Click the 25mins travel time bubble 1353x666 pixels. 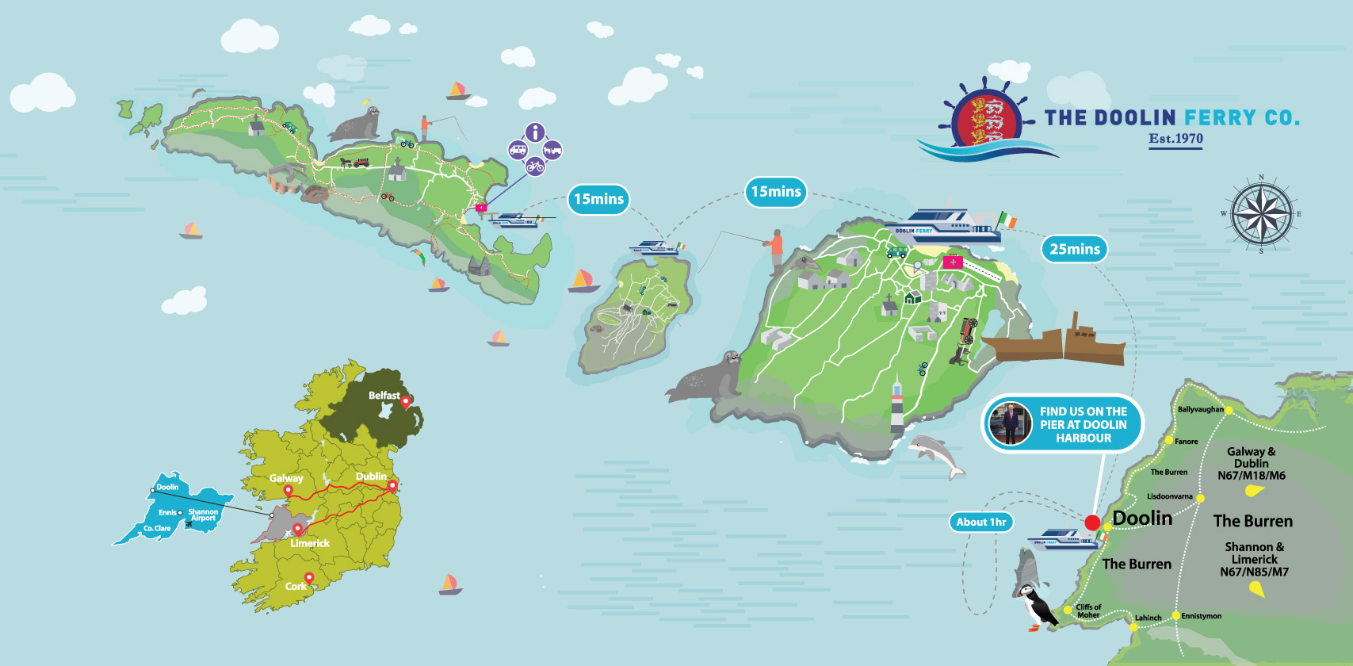pyautogui.click(x=1074, y=249)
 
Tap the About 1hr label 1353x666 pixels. pyautogui.click(x=980, y=522)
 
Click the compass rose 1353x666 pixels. pyautogui.click(x=1261, y=214)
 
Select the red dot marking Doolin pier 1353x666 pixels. pyautogui.click(x=1092, y=522)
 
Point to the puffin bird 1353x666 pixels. pyautogui.click(x=1034, y=607)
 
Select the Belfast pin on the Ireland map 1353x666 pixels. pyautogui.click(x=406, y=402)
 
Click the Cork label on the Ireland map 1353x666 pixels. pyautogui.click(x=296, y=587)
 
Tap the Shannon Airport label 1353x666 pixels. pyautogui.click(x=203, y=515)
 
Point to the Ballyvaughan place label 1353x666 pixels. pyautogui.click(x=1200, y=410)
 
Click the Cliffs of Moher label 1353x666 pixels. pyautogui.click(x=1088, y=610)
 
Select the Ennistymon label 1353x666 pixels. pyautogui.click(x=1201, y=616)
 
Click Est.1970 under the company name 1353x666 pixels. pyautogui.click(x=1175, y=139)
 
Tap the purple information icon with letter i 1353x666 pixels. pyautogui.click(x=535, y=132)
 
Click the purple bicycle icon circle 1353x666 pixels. pyautogui.click(x=535, y=166)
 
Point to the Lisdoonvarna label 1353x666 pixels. pyautogui.click(x=1169, y=496)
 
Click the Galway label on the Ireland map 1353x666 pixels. pyautogui.click(x=285, y=478)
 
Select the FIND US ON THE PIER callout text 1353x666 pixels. pyautogui.click(x=1083, y=424)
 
